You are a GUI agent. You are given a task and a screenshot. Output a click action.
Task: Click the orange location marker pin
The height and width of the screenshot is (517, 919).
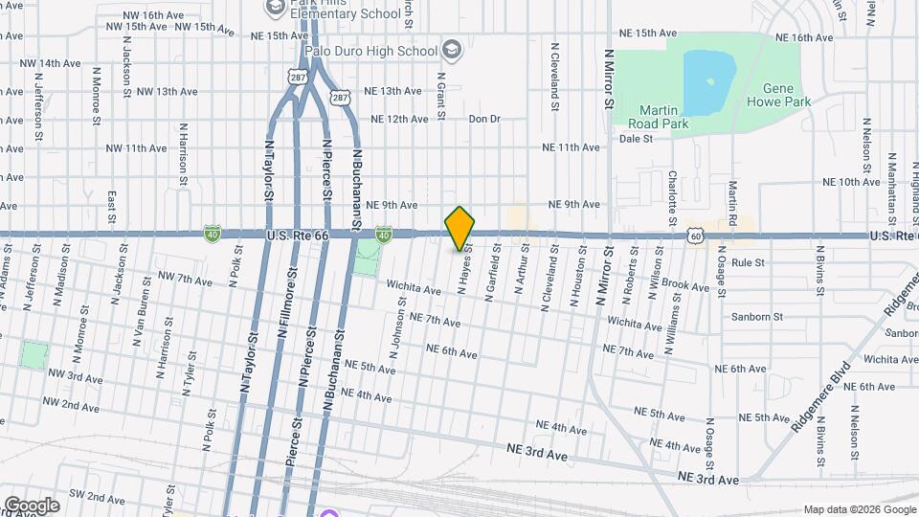click(459, 228)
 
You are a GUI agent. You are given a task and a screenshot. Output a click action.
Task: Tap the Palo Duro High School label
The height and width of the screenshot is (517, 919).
click(370, 49)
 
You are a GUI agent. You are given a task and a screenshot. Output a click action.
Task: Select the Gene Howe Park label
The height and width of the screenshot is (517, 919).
click(778, 95)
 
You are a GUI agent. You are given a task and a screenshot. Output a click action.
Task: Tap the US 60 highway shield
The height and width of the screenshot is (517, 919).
click(695, 235)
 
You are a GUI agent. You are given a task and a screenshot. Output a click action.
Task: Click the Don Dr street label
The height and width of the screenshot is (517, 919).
click(484, 119)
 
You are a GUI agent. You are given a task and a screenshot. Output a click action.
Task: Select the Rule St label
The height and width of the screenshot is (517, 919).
click(747, 262)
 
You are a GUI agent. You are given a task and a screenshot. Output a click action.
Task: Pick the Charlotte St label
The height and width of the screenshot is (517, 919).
click(673, 192)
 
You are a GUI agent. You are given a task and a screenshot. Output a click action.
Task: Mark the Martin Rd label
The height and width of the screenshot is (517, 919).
click(732, 196)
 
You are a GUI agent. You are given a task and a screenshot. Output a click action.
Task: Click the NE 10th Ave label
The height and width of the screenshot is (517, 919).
click(852, 181)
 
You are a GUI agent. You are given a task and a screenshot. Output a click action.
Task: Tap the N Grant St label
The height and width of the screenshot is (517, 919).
click(441, 96)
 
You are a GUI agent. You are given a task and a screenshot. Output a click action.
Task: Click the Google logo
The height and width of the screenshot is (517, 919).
click(31, 506)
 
